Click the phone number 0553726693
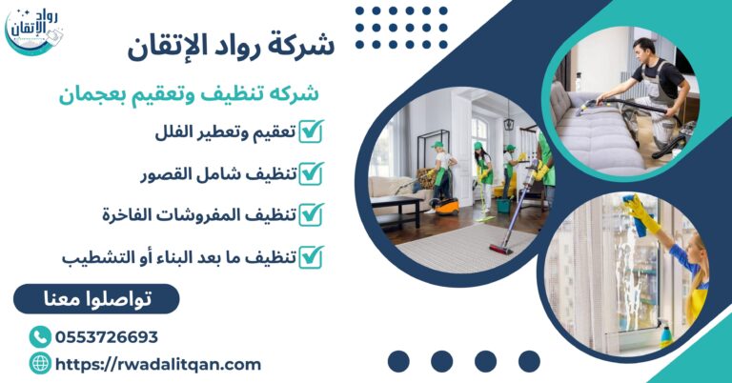pyautogui.click(x=107, y=337)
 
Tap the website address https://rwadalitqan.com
pyautogui.click(x=158, y=364)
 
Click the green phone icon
pyautogui.click(x=40, y=337)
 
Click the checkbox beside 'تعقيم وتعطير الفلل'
pyautogui.click(x=311, y=132)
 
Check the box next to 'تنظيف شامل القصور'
pyautogui.click(x=311, y=173)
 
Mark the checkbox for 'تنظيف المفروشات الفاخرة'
pyautogui.click(x=311, y=215)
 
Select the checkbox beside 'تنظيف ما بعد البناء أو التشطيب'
pyautogui.click(x=311, y=256)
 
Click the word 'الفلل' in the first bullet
pyautogui.click(x=174, y=132)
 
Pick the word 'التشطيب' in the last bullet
pyautogui.click(x=95, y=257)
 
